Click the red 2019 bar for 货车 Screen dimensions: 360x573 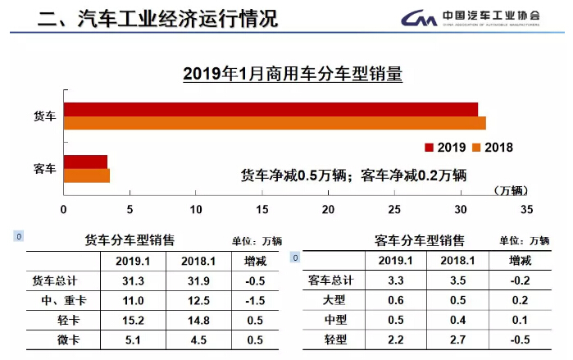[x=271, y=109]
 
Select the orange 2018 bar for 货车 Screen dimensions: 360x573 [x=275, y=123]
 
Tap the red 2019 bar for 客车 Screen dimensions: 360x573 [x=85, y=162]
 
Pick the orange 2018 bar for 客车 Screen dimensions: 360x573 [x=86, y=175]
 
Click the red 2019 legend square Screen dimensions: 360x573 [x=429, y=148]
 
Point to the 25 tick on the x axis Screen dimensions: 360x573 [x=394, y=210]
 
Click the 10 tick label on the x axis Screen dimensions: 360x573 [x=196, y=210]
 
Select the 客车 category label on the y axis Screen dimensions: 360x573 [x=44, y=169]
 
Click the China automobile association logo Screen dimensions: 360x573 [x=480, y=18]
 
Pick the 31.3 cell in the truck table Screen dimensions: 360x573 [x=133, y=280]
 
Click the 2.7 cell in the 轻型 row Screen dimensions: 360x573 [x=458, y=339]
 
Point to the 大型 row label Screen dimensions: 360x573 [x=333, y=300]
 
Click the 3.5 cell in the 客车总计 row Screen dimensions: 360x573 [x=458, y=280]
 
